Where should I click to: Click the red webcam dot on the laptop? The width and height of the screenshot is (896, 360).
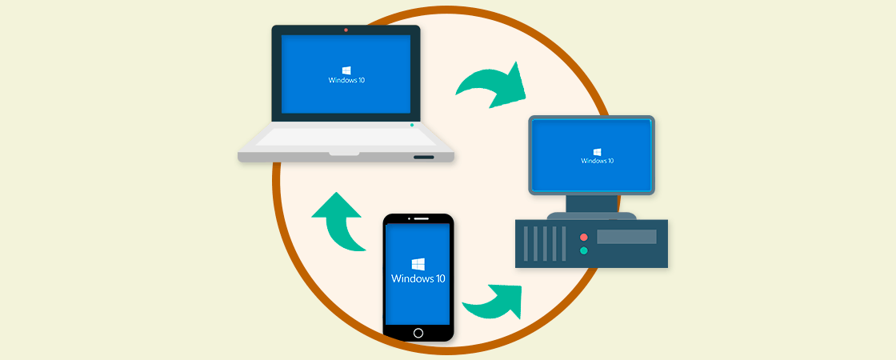(346, 30)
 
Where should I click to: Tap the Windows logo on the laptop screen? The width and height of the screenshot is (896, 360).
(346, 70)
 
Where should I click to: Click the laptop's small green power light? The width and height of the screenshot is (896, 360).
(412, 125)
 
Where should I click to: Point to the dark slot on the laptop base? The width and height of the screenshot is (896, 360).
(424, 157)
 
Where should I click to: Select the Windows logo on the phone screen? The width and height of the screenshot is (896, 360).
(418, 264)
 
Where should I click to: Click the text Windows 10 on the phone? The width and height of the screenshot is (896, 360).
(418, 278)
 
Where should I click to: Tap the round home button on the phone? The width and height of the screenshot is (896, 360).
(418, 332)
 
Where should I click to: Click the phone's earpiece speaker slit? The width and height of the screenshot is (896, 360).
(418, 218)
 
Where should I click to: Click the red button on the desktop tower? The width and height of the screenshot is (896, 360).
(583, 238)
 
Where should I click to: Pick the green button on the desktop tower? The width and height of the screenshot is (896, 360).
(583, 251)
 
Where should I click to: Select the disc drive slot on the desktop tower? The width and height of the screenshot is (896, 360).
(626, 237)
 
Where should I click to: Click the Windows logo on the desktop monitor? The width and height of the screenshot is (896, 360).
(597, 151)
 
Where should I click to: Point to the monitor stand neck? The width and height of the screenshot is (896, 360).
(592, 203)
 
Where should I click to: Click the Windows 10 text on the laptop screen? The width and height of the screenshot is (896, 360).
(346, 80)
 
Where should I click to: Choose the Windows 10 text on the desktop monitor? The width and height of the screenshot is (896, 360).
(597, 161)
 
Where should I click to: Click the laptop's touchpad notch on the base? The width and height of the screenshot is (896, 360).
(344, 151)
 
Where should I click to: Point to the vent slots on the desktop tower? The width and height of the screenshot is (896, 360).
(544, 243)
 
